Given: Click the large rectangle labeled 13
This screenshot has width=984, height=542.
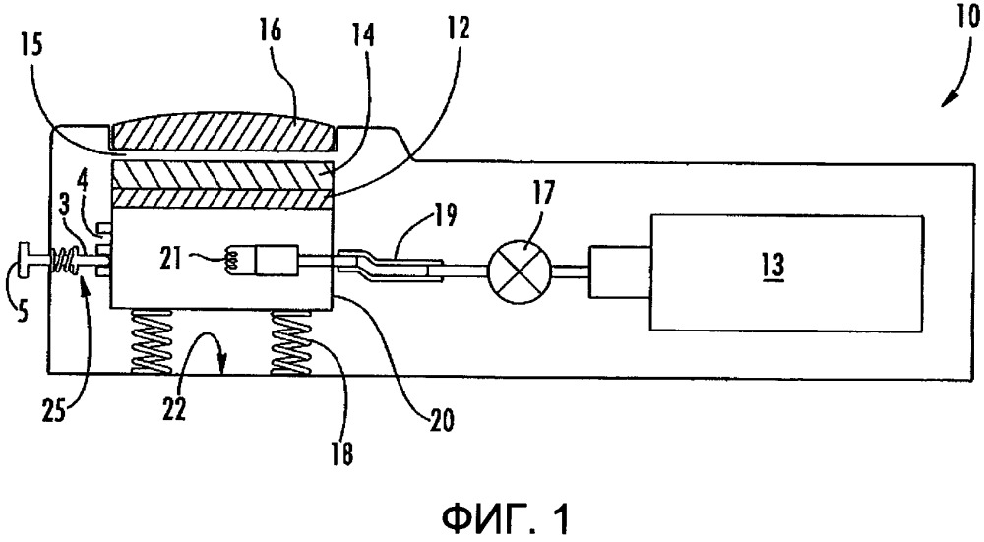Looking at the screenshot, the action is coord(786,272).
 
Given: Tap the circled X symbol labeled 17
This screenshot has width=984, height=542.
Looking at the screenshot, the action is coord(519,272).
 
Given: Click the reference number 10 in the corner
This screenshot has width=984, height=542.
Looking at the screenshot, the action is coord(967,17).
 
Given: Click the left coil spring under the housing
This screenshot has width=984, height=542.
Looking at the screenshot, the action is coord(151,342).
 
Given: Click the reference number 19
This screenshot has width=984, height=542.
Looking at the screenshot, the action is coord(444,215).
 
